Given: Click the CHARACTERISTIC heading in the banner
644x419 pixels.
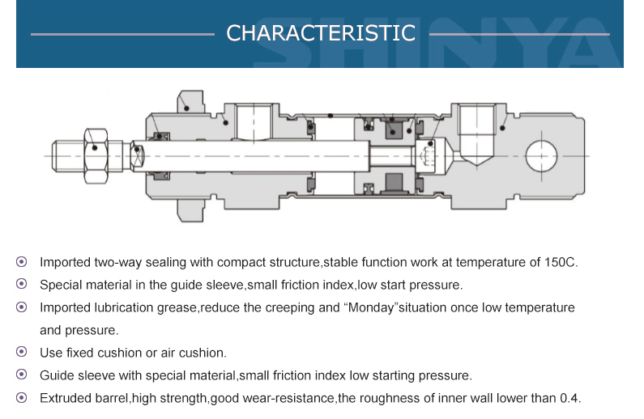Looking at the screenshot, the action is pos(321,33).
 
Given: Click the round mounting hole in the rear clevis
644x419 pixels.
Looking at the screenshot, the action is pos(541,156).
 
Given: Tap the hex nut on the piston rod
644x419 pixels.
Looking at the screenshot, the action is pos(96,156).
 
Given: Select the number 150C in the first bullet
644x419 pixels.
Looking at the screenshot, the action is pos(561,262).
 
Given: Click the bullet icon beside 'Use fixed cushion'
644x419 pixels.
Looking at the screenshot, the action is pos(22,352).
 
